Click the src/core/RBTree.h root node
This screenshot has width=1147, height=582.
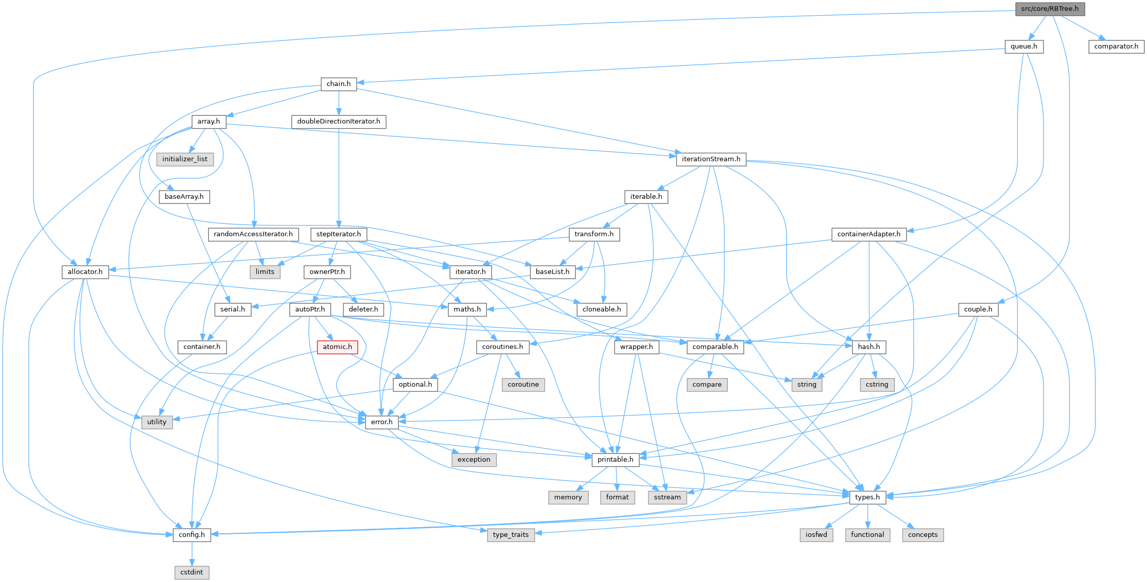(x=1050, y=9)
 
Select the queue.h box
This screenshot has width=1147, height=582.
(x=1023, y=47)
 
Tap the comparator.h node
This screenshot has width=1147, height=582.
(x=1116, y=47)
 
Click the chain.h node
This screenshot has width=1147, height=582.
(x=338, y=84)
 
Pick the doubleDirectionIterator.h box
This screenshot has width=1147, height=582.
(x=338, y=121)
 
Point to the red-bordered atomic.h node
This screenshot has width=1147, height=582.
(x=337, y=347)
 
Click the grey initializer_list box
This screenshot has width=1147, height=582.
(x=185, y=159)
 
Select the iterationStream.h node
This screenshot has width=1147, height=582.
(x=711, y=159)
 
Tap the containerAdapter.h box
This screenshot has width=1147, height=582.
(x=868, y=234)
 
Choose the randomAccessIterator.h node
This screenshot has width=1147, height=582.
(x=253, y=234)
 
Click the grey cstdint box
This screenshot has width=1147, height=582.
(x=192, y=572)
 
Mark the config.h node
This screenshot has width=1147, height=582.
(x=192, y=535)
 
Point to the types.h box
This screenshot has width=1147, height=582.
(x=867, y=497)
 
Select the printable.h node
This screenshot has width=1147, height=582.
(x=615, y=460)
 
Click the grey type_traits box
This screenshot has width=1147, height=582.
(x=510, y=535)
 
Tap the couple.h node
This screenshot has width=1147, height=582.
(x=978, y=309)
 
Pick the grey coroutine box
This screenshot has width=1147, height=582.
(x=523, y=385)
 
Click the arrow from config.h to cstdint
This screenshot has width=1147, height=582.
(x=192, y=553)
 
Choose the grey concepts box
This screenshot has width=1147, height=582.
(x=923, y=535)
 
